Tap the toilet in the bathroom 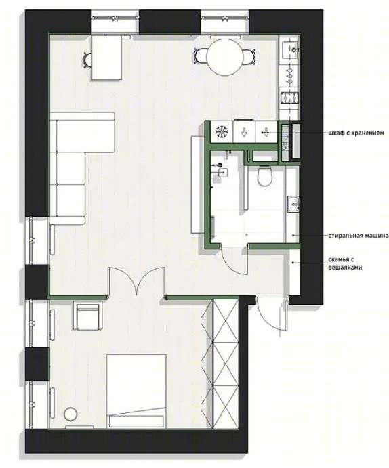[264, 175]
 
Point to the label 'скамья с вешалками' [345, 263]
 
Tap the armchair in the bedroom [88, 316]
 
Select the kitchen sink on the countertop [290, 48]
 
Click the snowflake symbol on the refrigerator [222, 131]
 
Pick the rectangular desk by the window [106, 57]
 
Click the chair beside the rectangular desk [87, 60]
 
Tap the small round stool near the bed [70, 414]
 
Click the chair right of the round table [249, 57]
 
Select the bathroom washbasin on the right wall [293, 204]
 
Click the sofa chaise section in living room [83, 132]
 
